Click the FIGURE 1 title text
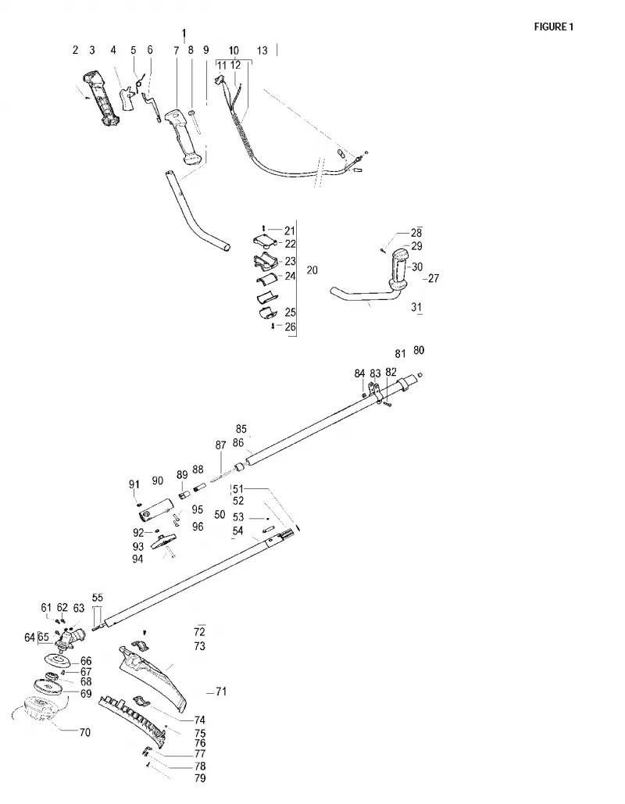pyautogui.click(x=554, y=27)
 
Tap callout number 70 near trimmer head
pyautogui.click(x=84, y=732)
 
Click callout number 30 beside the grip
pyautogui.click(x=417, y=266)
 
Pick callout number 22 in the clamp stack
pyautogui.click(x=290, y=244)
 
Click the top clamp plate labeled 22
pyautogui.click(x=266, y=241)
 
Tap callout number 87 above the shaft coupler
pyautogui.click(x=220, y=445)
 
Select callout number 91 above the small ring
pyautogui.click(x=134, y=484)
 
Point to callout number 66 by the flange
pyautogui.click(x=86, y=661)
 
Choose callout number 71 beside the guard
pyautogui.click(x=221, y=691)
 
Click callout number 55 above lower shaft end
pyautogui.click(x=98, y=598)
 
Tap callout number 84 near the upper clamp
pyautogui.click(x=359, y=373)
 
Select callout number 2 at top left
pyautogui.click(x=75, y=50)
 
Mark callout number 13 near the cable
pyautogui.click(x=262, y=50)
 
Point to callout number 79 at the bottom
pyautogui.click(x=200, y=778)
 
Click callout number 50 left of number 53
pyautogui.click(x=220, y=514)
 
